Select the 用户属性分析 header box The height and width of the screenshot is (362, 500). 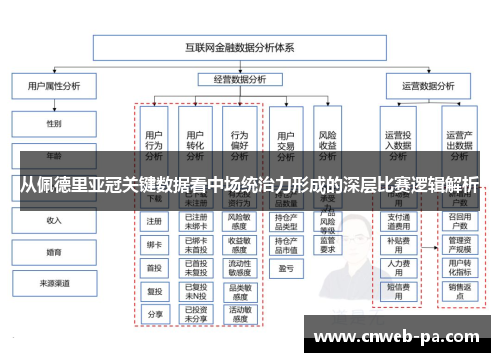(x=53, y=86)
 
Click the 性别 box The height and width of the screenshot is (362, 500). (x=53, y=124)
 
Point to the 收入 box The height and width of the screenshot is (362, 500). (x=53, y=220)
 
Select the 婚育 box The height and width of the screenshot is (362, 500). (x=53, y=252)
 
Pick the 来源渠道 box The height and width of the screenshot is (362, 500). (x=53, y=284)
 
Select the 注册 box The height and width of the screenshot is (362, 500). (x=154, y=221)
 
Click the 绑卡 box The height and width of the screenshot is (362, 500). (x=154, y=244)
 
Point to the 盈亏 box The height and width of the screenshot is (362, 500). (x=285, y=268)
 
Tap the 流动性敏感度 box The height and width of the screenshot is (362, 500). (x=239, y=267)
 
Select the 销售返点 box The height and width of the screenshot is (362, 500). (x=459, y=290)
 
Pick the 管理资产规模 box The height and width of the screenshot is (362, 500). (x=459, y=244)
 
